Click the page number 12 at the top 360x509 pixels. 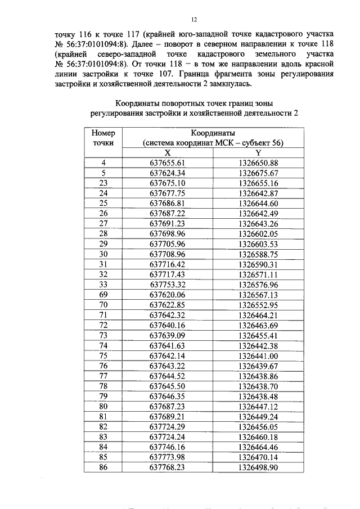[193, 20]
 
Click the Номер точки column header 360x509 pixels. [103, 138]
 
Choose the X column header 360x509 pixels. [167, 152]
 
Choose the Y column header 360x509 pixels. [258, 152]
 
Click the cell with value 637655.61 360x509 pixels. [167, 163]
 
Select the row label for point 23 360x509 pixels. [103, 183]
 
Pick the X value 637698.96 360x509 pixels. [167, 233]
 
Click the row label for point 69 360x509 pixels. [103, 294]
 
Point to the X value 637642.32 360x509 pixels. [167, 314]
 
